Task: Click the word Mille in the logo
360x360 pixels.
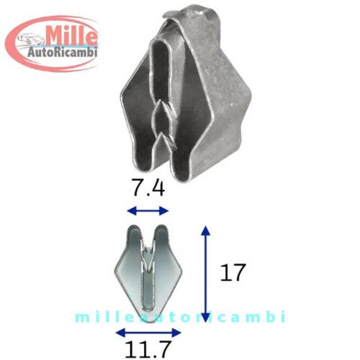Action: (x=72, y=37)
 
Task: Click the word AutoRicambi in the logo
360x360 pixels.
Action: (x=63, y=52)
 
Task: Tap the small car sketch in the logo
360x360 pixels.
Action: (x=30, y=39)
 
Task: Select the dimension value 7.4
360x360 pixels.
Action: (x=149, y=188)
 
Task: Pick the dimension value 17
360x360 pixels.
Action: (x=233, y=272)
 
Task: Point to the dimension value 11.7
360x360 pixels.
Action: (x=148, y=348)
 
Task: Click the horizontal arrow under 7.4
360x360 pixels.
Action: (x=148, y=211)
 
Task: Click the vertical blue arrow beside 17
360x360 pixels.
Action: (x=205, y=274)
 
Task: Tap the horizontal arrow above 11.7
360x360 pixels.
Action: (x=148, y=333)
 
